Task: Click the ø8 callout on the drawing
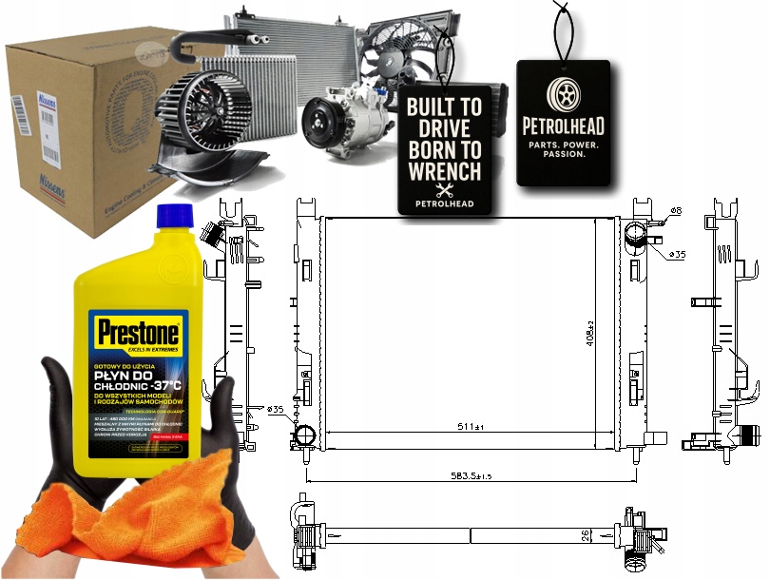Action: pos(675,209)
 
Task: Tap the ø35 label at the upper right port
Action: pos(678,255)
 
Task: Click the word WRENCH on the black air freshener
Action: pos(444,171)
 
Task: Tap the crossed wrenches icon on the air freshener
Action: pos(444,191)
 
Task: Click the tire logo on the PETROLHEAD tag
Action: pos(563,93)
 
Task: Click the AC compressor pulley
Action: pos(320,125)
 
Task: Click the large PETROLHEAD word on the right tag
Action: pos(563,126)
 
